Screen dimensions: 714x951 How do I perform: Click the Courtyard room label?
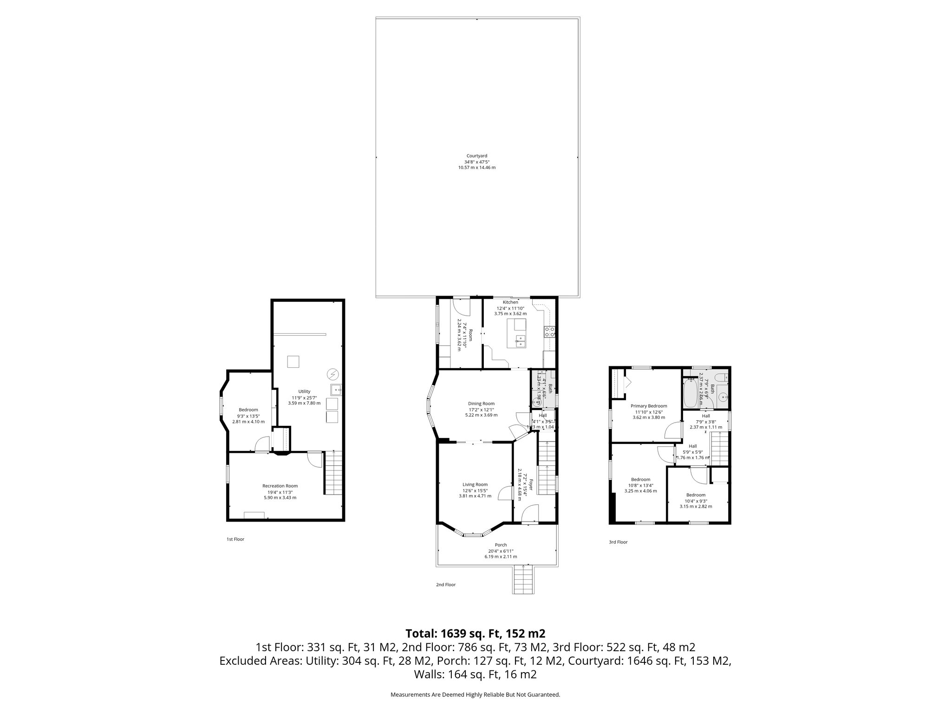click(476, 156)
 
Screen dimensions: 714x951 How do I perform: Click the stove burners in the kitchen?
click(549, 331)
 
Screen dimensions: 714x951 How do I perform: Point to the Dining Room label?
click(481, 403)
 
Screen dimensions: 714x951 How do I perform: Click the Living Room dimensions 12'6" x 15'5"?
click(475, 490)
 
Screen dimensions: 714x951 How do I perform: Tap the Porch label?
click(501, 545)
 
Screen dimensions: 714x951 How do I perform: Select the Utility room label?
click(304, 391)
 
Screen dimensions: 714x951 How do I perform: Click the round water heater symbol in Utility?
click(332, 374)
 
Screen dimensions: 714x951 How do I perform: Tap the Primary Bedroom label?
click(649, 406)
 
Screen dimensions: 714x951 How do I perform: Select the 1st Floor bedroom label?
click(248, 410)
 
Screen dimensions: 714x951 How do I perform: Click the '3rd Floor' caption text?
click(618, 542)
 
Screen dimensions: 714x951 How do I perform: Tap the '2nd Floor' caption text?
click(445, 585)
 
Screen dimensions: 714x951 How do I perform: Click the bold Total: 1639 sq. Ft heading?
click(475, 634)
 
